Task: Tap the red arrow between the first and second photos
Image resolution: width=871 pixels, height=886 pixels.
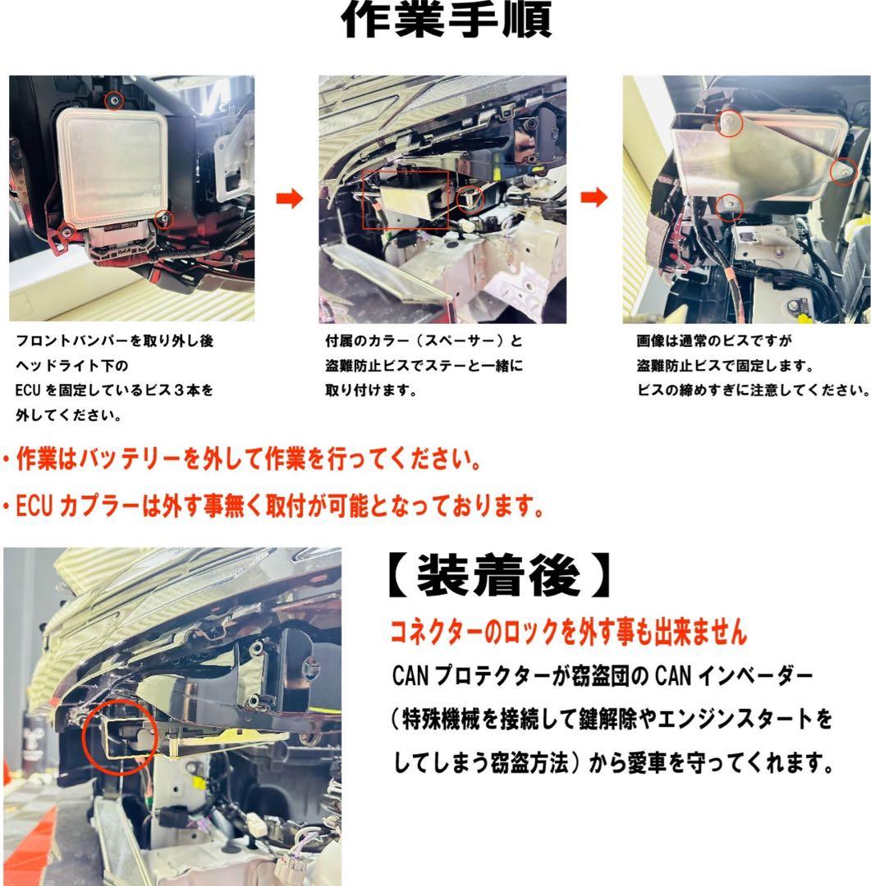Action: pyautogui.click(x=290, y=199)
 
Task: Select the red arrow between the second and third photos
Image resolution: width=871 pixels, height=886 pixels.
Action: pyautogui.click(x=594, y=198)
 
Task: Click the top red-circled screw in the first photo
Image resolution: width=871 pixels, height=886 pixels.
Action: pyautogui.click(x=115, y=100)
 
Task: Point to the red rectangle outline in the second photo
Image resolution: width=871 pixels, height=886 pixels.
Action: pyautogui.click(x=363, y=200)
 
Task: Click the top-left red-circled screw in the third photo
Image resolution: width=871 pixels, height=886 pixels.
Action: pyautogui.click(x=729, y=122)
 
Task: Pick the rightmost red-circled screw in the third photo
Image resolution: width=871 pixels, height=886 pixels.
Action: pyautogui.click(x=843, y=171)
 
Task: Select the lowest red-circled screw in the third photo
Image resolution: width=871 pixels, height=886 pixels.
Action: pyautogui.click(x=729, y=206)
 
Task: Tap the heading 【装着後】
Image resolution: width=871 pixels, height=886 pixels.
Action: pyautogui.click(x=499, y=576)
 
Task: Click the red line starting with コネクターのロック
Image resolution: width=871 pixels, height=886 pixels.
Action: pyautogui.click(x=568, y=632)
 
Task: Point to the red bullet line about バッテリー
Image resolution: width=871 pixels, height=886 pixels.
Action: pyautogui.click(x=241, y=459)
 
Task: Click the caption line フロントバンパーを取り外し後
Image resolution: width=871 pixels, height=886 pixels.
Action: pyautogui.click(x=114, y=340)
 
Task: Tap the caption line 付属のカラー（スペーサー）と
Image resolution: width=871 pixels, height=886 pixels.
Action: pyautogui.click(x=424, y=340)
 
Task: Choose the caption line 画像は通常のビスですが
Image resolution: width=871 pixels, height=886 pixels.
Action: pyautogui.click(x=713, y=340)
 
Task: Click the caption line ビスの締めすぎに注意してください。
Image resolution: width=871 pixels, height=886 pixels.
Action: pyautogui.click(x=753, y=390)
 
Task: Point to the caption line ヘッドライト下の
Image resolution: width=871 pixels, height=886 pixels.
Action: pyautogui.click(x=71, y=366)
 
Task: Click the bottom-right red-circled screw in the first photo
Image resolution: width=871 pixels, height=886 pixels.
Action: pyautogui.click(x=164, y=219)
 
